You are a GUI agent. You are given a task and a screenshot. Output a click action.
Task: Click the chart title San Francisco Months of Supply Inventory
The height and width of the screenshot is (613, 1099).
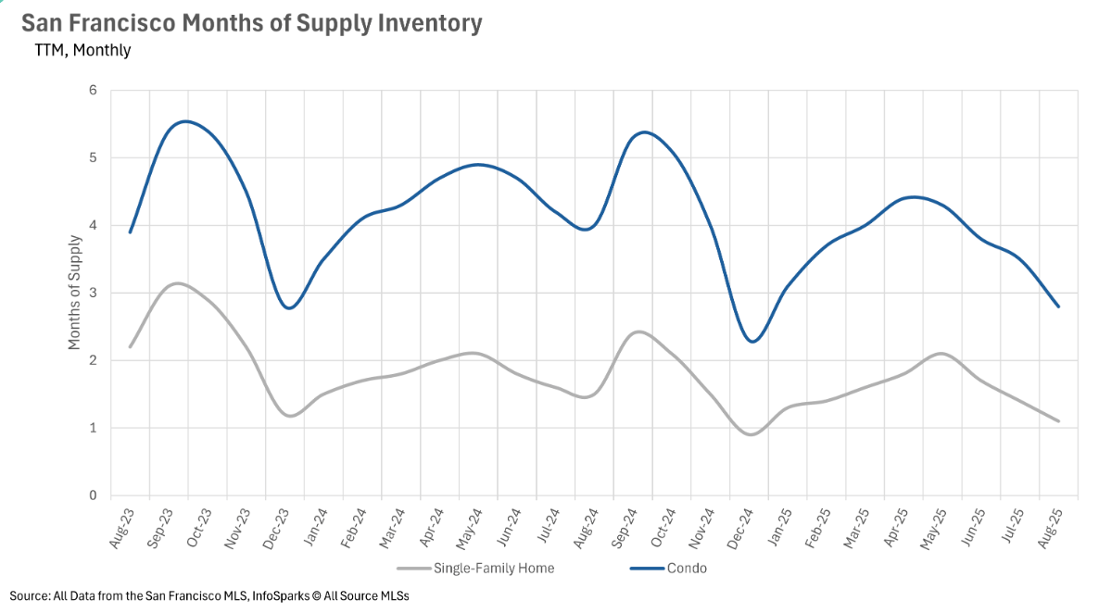coord(251,23)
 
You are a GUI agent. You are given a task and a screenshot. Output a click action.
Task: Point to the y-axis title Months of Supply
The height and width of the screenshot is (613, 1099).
coord(74,293)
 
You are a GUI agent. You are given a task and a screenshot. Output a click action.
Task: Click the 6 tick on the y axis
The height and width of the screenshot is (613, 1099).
coord(93,91)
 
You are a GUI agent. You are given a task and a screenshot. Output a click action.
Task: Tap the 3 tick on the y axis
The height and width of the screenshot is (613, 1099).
coord(93,294)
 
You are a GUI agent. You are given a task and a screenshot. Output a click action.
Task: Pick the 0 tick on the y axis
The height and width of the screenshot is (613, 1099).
coord(93,496)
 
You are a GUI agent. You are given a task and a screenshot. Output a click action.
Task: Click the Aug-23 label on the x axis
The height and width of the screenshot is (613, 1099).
coord(123,529)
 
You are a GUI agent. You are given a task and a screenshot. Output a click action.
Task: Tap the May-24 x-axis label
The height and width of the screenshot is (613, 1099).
coord(471,529)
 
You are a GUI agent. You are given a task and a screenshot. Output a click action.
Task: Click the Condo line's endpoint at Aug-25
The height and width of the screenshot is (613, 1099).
coord(1058,306)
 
